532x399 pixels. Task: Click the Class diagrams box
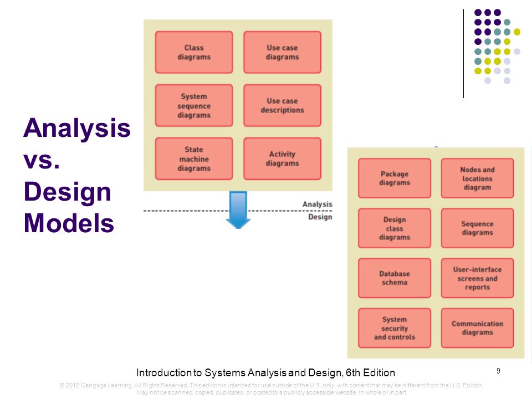(x=194, y=52)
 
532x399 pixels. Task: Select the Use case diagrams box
(x=282, y=52)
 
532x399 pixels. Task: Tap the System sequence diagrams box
(x=194, y=105)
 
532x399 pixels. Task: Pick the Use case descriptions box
(x=282, y=105)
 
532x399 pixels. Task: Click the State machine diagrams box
(x=194, y=159)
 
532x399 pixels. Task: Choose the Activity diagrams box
(x=282, y=159)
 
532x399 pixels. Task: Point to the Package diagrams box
(x=395, y=178)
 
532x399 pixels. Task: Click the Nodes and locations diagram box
(x=477, y=178)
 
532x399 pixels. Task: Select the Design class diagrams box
(x=395, y=228)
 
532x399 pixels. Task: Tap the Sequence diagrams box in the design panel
(x=477, y=228)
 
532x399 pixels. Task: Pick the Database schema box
(x=395, y=278)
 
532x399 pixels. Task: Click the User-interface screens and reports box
(x=477, y=278)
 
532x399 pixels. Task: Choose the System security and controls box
(x=395, y=328)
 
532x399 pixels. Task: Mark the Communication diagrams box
(x=477, y=328)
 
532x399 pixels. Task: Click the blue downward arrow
(x=238, y=210)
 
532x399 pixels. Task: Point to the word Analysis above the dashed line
(x=318, y=204)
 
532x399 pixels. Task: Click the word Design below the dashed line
(x=320, y=217)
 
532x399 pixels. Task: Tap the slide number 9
(x=498, y=371)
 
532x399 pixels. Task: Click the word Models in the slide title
(x=69, y=223)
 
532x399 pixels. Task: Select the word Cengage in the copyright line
(x=93, y=385)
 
